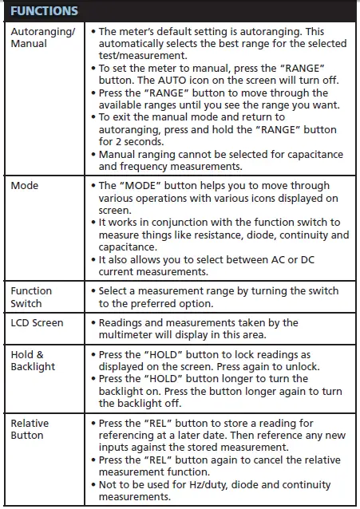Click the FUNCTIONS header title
coord(45,11)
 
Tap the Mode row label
coord(25,185)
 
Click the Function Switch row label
coord(32,298)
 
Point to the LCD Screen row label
coord(37,323)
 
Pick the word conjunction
coord(184,223)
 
